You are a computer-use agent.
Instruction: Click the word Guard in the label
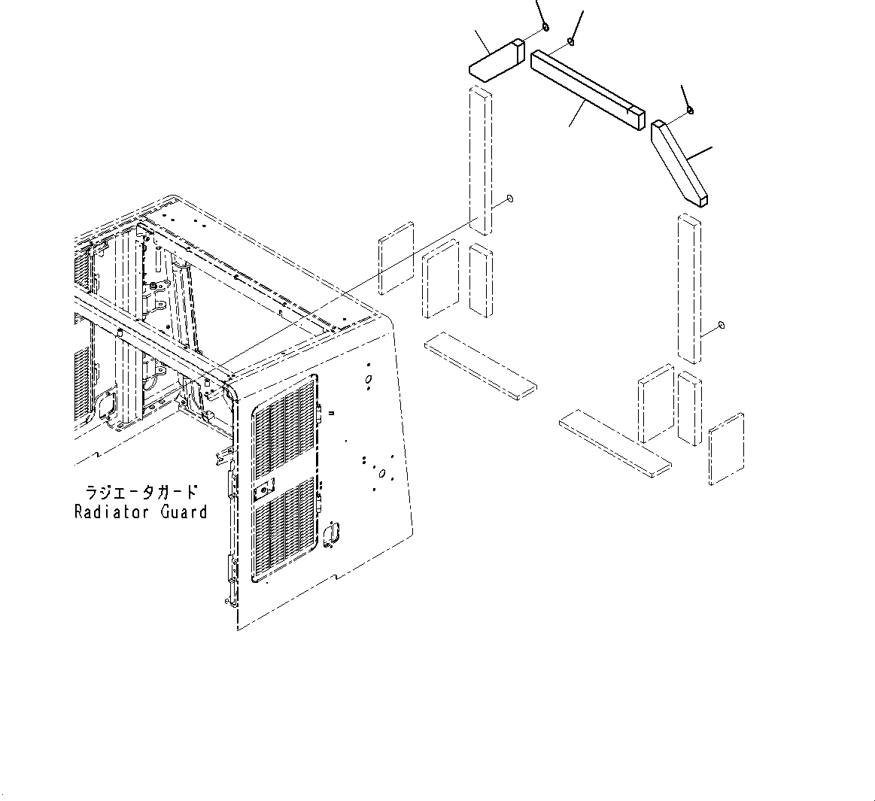pos(181,512)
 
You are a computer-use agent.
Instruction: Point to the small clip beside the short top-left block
pos(545,28)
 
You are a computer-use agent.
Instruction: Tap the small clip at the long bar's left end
pos(571,41)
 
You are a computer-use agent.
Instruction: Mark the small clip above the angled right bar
pos(690,111)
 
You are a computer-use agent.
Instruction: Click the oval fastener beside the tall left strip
pos(511,199)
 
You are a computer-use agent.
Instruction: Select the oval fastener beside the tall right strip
pos(721,325)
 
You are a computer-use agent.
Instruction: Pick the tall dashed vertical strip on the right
pos(689,289)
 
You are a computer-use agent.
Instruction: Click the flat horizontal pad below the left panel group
pos(481,363)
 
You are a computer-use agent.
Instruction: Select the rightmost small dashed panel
pos(727,448)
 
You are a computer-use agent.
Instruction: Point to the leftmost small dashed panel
pos(396,258)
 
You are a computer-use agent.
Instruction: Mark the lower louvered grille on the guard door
pos(284,531)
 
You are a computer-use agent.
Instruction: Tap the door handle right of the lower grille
pos(332,532)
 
